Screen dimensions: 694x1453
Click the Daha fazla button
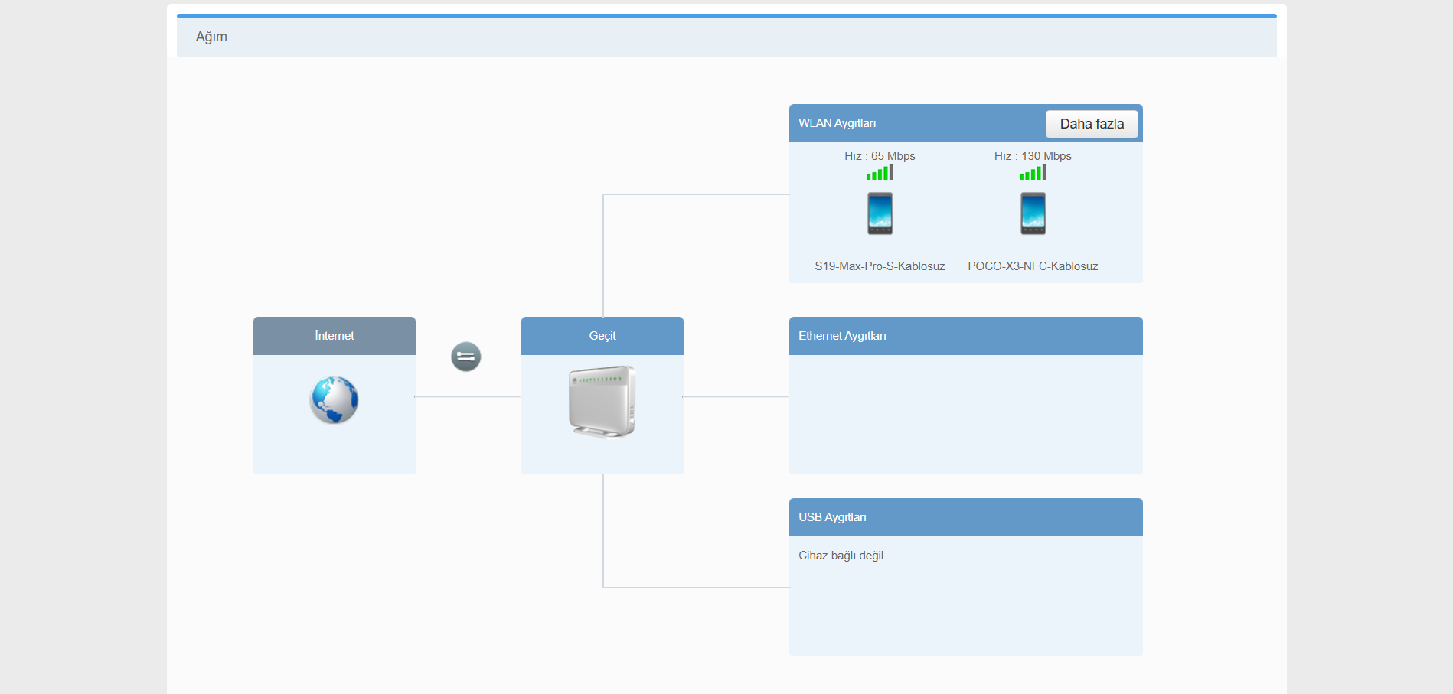[x=1092, y=124]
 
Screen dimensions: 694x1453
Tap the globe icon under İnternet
[x=334, y=400]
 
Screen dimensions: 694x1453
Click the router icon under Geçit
[x=602, y=402]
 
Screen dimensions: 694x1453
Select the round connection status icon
[x=465, y=357]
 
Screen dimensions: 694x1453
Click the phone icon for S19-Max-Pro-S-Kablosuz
[x=880, y=213]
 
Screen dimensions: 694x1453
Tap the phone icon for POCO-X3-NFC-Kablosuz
[x=1033, y=213]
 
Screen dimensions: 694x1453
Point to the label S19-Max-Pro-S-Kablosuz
[x=880, y=266]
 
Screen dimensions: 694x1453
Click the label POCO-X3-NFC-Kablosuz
[x=1033, y=266]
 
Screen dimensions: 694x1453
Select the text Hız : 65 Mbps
[x=880, y=156]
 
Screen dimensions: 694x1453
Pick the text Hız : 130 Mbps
[x=1033, y=156]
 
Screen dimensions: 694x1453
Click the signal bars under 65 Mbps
[x=880, y=174]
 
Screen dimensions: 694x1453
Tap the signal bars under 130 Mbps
[x=1033, y=174]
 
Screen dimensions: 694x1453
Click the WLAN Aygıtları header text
[x=837, y=123]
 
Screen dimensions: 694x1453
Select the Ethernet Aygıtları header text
[x=842, y=336]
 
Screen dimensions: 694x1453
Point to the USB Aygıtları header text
[x=832, y=517]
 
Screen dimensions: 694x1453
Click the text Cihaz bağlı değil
[x=841, y=556]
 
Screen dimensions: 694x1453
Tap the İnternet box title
[x=335, y=336]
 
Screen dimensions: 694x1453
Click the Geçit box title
[x=602, y=336]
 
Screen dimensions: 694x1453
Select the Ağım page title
[x=211, y=37]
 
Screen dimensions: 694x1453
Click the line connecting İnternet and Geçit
[x=468, y=396]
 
